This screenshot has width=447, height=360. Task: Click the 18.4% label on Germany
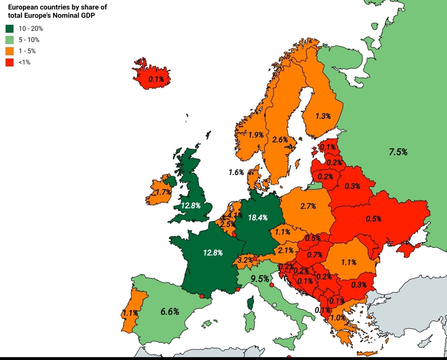pyautogui.click(x=258, y=218)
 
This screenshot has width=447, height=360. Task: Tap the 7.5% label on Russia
pyautogui.click(x=398, y=152)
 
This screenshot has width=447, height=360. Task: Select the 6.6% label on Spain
pyautogui.click(x=170, y=312)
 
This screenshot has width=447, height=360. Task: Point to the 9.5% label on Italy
pyautogui.click(x=260, y=279)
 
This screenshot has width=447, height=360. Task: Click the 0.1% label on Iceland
pyautogui.click(x=156, y=79)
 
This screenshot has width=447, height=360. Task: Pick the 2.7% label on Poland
pyautogui.click(x=308, y=206)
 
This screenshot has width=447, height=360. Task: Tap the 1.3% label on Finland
pyautogui.click(x=323, y=116)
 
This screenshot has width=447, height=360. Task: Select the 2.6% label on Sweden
pyautogui.click(x=280, y=140)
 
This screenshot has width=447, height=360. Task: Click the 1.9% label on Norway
pyautogui.click(x=256, y=135)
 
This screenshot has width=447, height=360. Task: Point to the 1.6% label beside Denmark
pyautogui.click(x=236, y=172)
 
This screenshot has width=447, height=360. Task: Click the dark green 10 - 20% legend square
pyautogui.click(x=10, y=29)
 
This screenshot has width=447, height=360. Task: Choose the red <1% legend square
pyautogui.click(x=10, y=62)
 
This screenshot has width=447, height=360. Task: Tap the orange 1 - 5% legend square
pyautogui.click(x=10, y=51)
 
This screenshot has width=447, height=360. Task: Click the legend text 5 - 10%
pyautogui.click(x=29, y=40)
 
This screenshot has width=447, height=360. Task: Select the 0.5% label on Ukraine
pyautogui.click(x=373, y=219)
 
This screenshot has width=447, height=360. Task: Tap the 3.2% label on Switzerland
pyautogui.click(x=245, y=260)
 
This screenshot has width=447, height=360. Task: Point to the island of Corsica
pyautogui.click(x=251, y=302)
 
